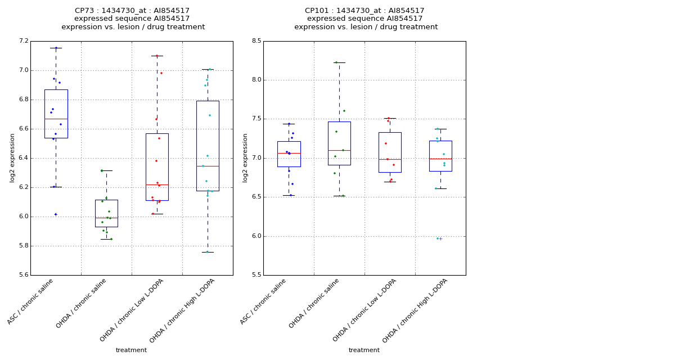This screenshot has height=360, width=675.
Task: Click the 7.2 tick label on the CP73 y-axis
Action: (23, 41)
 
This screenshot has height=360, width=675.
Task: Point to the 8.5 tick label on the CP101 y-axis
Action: (256, 41)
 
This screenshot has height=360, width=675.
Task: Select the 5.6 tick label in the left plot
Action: (23, 275)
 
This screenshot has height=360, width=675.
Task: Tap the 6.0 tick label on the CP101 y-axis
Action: (256, 236)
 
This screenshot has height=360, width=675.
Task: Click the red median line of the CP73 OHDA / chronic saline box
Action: (106, 218)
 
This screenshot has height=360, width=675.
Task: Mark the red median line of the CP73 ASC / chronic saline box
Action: (56, 119)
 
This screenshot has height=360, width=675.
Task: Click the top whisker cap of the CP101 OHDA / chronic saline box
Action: (339, 62)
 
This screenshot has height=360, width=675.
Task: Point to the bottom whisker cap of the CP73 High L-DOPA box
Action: (208, 252)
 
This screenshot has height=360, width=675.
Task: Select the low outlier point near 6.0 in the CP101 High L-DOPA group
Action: (438, 238)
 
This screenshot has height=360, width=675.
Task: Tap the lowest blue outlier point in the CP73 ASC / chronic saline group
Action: (56, 214)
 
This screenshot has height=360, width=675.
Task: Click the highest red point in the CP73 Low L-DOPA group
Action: (157, 56)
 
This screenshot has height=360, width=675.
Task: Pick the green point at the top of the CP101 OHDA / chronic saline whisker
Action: (336, 62)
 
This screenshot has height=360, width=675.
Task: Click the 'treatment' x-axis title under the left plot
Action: (131, 350)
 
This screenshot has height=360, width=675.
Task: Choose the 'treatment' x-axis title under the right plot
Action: (364, 350)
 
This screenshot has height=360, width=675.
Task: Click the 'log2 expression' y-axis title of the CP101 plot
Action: (245, 158)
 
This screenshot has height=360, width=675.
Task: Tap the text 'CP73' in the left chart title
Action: (84, 11)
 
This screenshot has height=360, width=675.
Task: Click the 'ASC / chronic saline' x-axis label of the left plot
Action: (31, 301)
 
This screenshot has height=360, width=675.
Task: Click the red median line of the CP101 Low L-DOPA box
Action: (390, 159)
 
